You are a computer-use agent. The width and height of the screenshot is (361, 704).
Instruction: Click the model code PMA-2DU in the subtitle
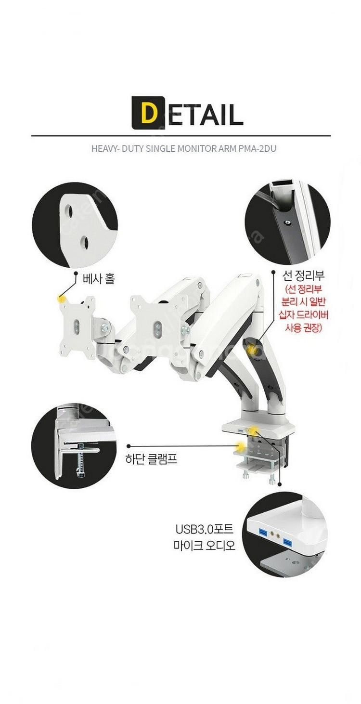coord(257,148)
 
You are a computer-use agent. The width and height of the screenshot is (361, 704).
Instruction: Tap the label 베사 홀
coord(98,279)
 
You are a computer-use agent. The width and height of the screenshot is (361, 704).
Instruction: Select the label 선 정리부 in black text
coord(303,276)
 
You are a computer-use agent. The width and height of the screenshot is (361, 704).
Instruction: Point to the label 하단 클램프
coord(151,459)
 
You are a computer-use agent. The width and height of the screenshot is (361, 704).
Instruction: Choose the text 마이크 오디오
coord(204,545)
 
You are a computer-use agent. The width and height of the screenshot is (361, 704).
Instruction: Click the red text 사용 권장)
coord(303,328)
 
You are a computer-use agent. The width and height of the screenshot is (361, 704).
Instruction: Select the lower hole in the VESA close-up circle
coord(84,241)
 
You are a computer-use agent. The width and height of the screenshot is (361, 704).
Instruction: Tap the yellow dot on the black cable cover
coord(252,349)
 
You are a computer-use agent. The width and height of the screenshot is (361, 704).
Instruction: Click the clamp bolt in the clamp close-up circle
coord(81,460)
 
